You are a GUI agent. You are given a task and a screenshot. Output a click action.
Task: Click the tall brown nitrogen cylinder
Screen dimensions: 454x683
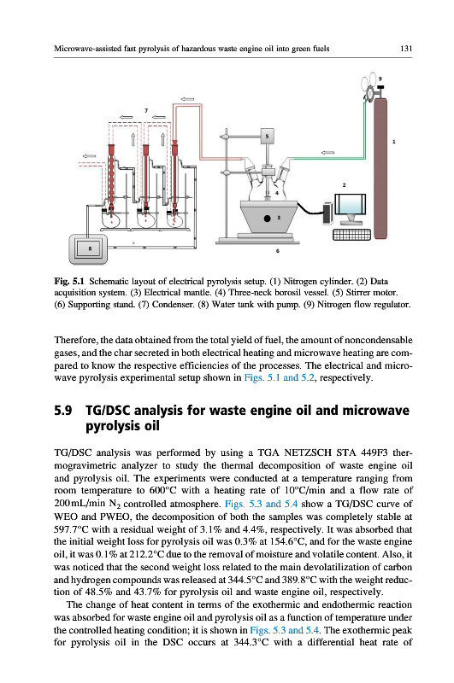(x=380, y=168)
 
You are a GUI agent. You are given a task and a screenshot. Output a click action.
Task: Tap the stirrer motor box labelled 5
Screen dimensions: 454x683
(x=267, y=137)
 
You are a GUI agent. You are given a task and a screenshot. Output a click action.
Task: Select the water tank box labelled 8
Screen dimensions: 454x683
(x=88, y=249)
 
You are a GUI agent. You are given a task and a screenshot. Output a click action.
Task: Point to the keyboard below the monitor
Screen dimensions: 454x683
(x=351, y=235)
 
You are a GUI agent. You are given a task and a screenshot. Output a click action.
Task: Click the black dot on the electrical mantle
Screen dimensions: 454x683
(x=267, y=219)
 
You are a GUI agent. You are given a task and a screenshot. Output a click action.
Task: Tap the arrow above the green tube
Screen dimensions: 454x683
(x=327, y=153)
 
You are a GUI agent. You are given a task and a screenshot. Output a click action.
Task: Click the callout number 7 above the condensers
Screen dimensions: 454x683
(x=146, y=111)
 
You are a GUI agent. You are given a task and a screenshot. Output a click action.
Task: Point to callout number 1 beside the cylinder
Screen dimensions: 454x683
(x=394, y=141)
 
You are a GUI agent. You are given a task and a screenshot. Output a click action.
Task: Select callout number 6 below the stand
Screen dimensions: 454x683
(x=278, y=251)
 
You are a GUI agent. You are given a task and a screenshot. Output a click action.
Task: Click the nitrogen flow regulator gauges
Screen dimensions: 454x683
(x=370, y=84)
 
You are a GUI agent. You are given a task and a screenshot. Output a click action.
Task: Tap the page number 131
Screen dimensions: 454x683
(x=405, y=49)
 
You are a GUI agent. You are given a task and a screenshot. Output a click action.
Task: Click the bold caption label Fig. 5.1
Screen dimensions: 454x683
(x=69, y=281)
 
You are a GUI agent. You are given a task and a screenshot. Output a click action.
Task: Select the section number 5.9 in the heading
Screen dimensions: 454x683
(x=62, y=411)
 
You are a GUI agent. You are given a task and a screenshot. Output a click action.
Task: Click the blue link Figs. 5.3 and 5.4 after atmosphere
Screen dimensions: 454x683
(x=262, y=504)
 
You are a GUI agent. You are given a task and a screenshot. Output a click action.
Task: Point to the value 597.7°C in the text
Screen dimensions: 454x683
(x=72, y=529)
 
